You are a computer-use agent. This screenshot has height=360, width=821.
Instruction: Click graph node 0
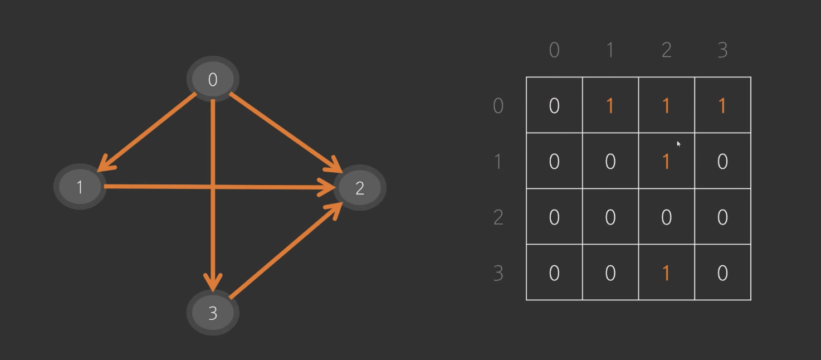(212, 80)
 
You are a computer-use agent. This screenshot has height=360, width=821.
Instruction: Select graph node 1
(80, 187)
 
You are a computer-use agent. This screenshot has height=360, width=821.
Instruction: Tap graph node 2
(360, 188)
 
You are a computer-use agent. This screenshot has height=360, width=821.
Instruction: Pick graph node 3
(212, 313)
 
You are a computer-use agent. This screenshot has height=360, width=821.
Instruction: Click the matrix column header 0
(554, 50)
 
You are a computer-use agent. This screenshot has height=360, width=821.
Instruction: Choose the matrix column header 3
(722, 50)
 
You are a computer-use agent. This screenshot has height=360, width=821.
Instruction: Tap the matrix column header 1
(610, 50)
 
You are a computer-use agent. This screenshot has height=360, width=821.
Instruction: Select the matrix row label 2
(499, 217)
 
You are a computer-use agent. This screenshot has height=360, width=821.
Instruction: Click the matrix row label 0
(499, 105)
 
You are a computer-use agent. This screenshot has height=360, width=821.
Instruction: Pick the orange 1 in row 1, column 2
(666, 162)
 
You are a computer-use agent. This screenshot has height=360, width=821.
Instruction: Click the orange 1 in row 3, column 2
(666, 273)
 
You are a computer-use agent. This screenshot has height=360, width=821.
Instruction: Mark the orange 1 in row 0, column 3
(722, 106)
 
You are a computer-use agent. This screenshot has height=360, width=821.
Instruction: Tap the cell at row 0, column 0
(554, 105)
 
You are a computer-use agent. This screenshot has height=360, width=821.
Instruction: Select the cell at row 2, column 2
(666, 217)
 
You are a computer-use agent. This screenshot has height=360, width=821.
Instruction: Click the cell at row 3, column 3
(722, 273)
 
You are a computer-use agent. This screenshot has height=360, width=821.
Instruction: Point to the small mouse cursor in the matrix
(678, 144)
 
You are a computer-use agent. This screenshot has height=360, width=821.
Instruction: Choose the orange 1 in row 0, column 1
(610, 106)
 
